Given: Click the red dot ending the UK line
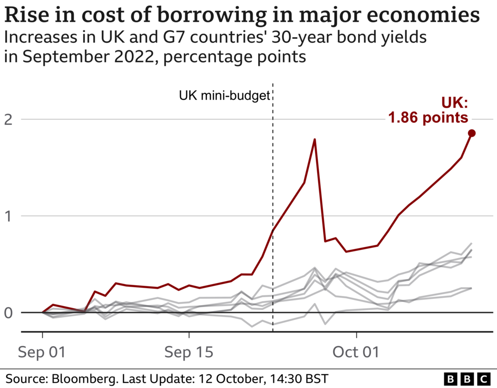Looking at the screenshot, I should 472,133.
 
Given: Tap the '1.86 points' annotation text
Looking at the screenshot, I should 428,118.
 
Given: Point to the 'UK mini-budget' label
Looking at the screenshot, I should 224,95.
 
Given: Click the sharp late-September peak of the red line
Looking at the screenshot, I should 315,139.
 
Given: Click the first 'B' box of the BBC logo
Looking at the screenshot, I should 451,379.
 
